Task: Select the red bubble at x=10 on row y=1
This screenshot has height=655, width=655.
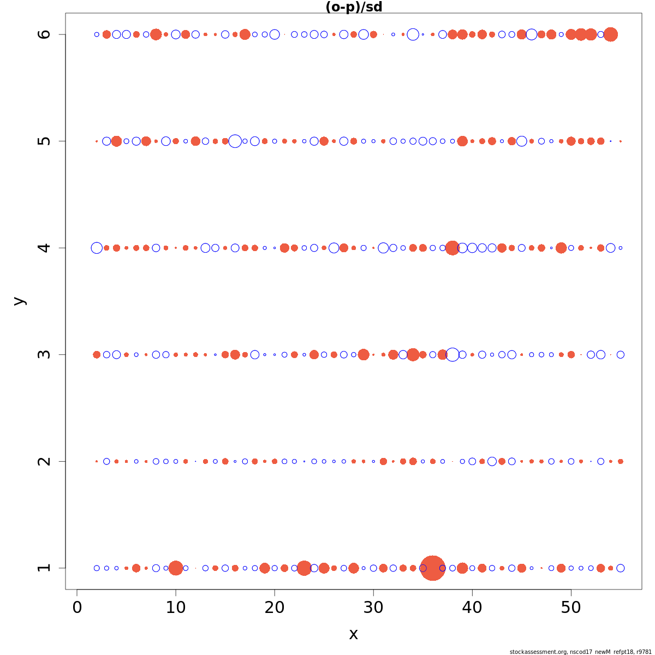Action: pos(176,568)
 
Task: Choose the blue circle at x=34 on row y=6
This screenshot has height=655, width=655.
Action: pos(413,34)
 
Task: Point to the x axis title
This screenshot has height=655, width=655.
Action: pos(354,634)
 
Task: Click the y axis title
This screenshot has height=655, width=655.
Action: pos(19,301)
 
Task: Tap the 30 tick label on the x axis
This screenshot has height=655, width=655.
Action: pos(373,607)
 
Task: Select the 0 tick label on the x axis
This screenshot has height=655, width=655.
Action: pos(77,607)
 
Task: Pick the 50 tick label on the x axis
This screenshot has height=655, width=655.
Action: pos(571,607)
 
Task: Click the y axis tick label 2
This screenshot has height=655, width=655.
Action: pos(44,461)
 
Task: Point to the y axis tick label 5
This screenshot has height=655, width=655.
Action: pos(44,141)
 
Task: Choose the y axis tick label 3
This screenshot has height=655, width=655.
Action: pos(44,354)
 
